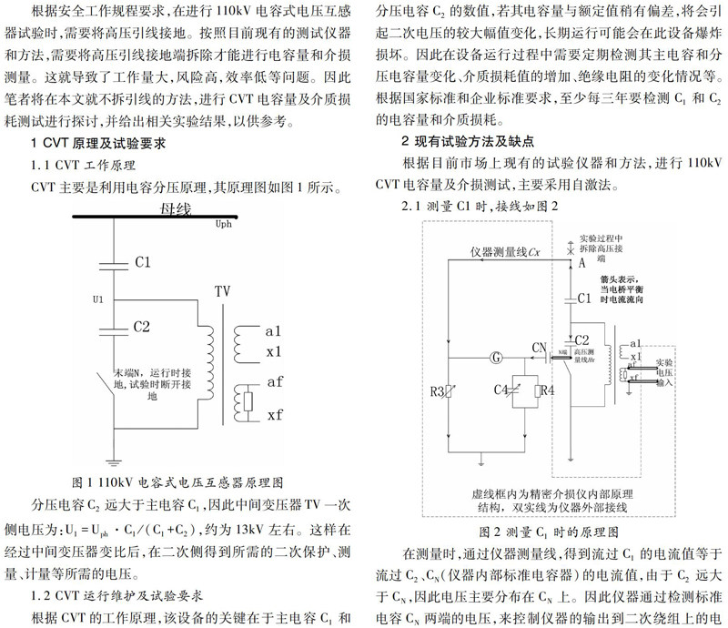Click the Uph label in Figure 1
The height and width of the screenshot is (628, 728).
point(223,223)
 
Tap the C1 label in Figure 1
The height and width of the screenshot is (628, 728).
point(143,262)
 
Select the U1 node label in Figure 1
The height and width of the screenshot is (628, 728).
point(98,298)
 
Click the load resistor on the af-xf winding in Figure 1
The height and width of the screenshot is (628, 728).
point(245,400)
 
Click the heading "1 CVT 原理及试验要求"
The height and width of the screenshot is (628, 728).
point(109,143)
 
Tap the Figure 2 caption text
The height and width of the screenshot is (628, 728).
point(550,531)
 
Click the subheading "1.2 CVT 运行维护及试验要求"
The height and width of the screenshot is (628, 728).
point(116,596)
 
